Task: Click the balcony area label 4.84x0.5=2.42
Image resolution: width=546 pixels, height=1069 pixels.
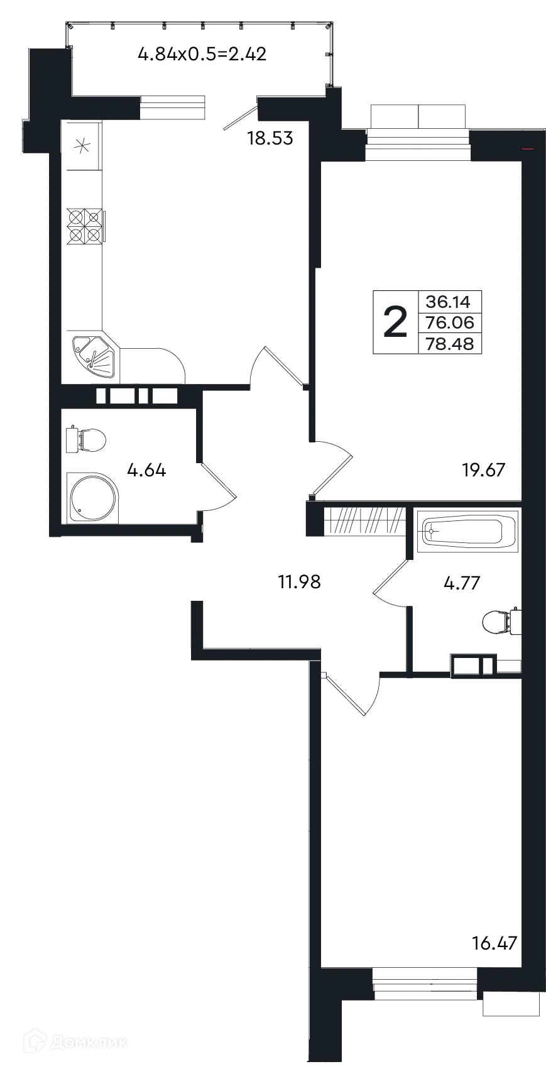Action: pos(202,54)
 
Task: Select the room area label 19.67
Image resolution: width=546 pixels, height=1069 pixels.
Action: pos(483,470)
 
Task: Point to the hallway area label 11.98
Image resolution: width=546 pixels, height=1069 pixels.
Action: pos(299,582)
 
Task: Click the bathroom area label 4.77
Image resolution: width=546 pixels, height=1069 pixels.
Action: pos(462,583)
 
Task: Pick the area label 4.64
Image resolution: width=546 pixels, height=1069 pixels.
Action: pos(146,471)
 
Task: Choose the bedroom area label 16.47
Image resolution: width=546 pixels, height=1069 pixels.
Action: pos(494,943)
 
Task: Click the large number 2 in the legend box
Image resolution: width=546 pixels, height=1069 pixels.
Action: pos(395,322)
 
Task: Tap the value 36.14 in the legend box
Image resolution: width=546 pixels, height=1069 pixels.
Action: pos(448,302)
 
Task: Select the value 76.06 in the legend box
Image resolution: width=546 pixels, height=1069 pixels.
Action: pos(450,322)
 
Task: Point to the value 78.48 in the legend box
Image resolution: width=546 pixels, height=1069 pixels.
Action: pos(450,344)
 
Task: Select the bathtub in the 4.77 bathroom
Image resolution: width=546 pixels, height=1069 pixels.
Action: pos(467,531)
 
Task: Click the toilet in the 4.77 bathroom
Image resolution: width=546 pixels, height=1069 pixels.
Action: pos(501,622)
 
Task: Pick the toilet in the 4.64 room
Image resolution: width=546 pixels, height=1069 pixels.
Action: pos(86,439)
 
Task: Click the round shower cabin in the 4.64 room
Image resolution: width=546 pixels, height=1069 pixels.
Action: pos(92,498)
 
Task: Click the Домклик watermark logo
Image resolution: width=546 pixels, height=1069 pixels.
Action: pos(77,1041)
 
